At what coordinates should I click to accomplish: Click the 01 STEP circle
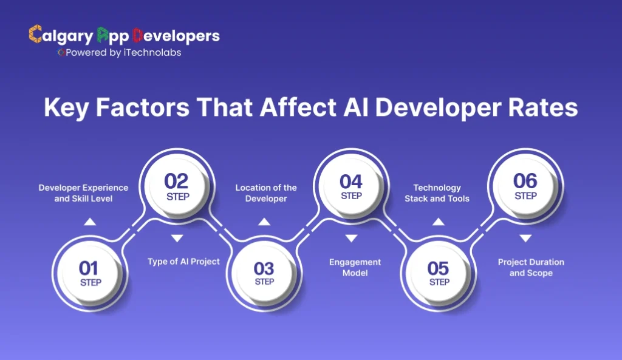90,273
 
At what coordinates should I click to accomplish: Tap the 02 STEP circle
177,186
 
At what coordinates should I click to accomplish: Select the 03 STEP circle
264,273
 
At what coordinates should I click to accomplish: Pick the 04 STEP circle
351,186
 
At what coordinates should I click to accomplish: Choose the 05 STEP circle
438,273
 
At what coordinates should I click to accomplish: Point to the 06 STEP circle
525,186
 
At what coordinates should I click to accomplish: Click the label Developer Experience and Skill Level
83,193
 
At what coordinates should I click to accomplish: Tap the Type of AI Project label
183,262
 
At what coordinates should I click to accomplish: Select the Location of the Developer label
266,193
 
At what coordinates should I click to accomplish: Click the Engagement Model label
355,268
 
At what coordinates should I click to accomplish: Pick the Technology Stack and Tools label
437,193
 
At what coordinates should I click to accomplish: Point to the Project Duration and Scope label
531,268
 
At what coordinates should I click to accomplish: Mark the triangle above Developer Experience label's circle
90,222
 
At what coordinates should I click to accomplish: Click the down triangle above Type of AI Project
177,238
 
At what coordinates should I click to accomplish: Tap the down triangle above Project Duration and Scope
525,238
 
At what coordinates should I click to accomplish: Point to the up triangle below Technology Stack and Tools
438,222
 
